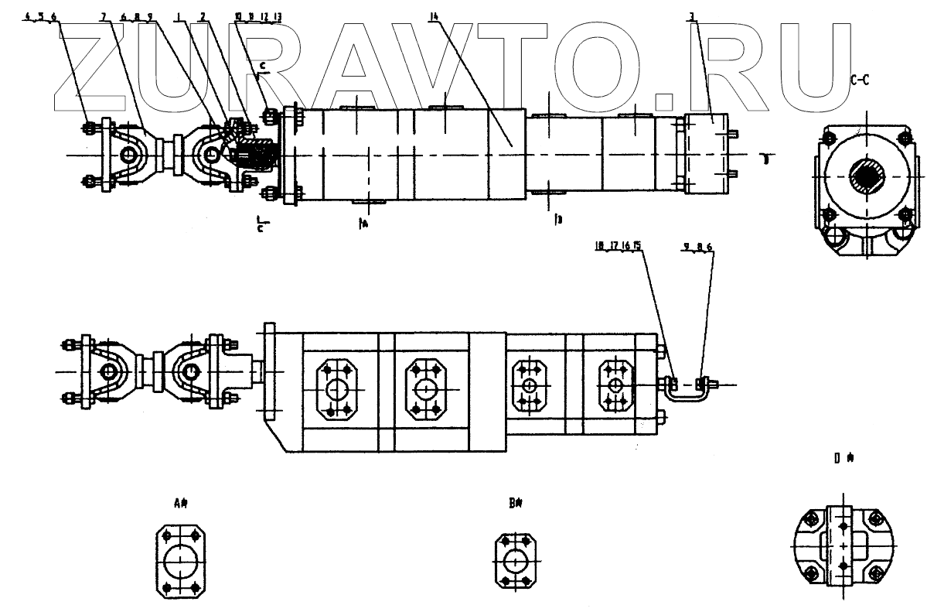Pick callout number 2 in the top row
pyautogui.click(x=203, y=16)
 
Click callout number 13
pyautogui.click(x=278, y=16)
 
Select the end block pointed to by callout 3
pyautogui.click(x=708, y=153)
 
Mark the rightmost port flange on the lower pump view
pyautogui.click(x=615, y=385)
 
